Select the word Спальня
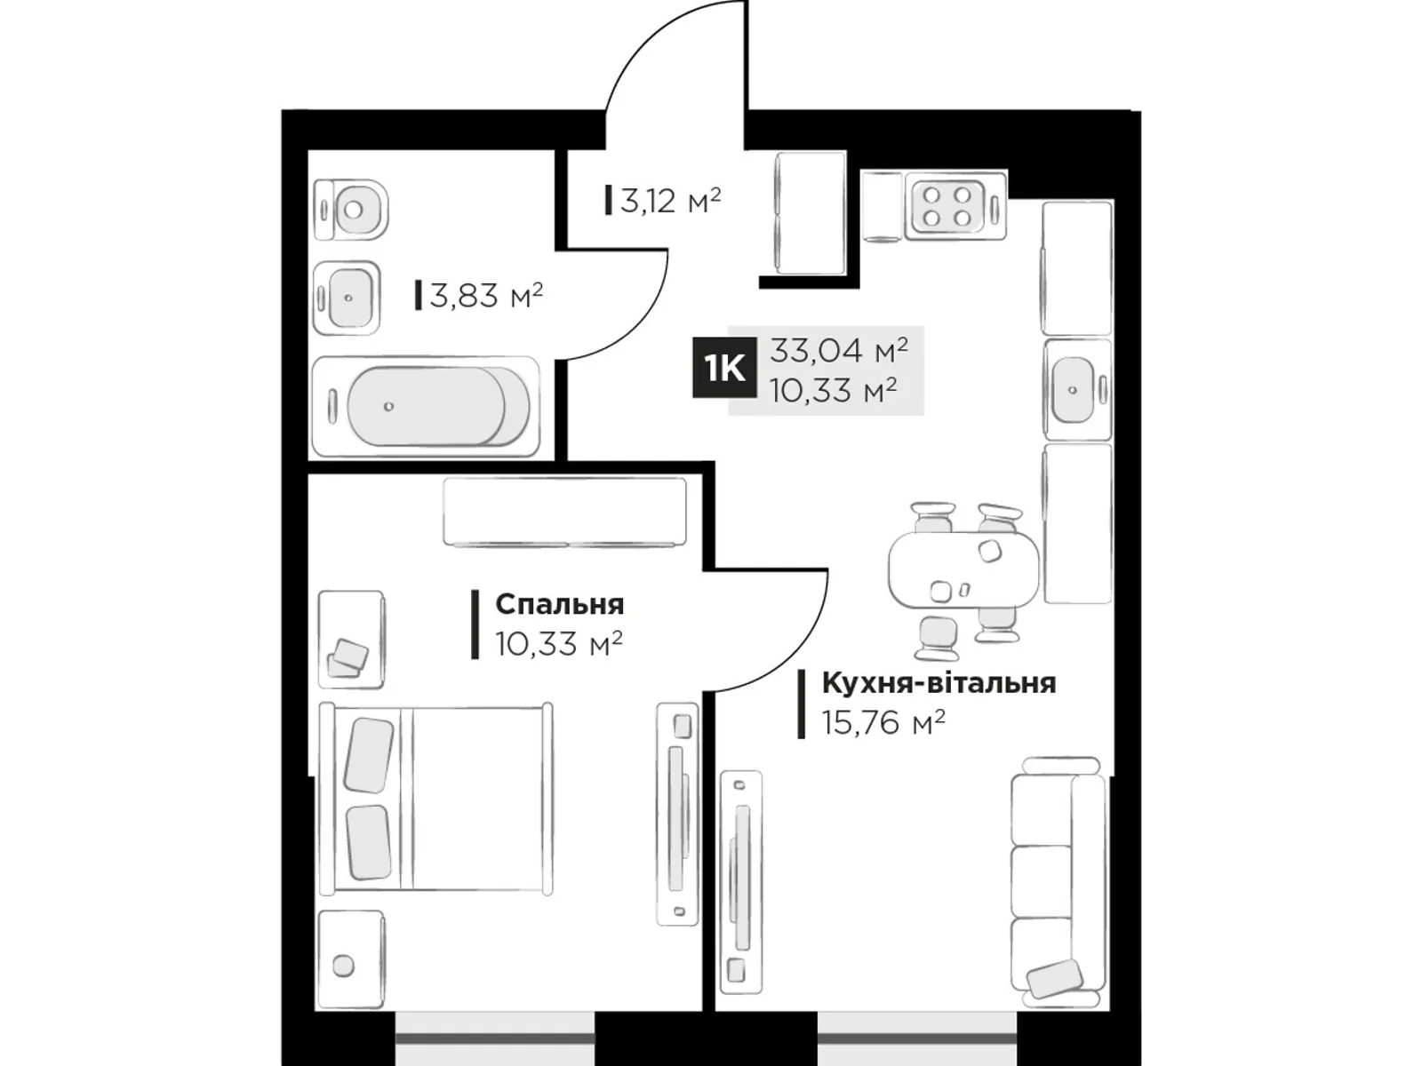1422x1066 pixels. click(x=559, y=604)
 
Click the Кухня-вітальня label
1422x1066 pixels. click(x=939, y=683)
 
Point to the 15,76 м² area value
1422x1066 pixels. click(x=883, y=722)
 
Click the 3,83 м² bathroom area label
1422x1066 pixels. click(x=485, y=295)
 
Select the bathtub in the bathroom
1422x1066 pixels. click(x=427, y=407)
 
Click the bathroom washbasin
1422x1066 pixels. click(x=348, y=298)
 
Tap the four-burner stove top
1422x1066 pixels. click(x=946, y=206)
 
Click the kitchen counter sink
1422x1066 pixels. click(x=1075, y=389)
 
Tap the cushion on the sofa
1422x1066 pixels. click(x=1054, y=979)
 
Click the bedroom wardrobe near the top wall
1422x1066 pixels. click(x=564, y=512)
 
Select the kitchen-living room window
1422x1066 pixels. click(x=916, y=1038)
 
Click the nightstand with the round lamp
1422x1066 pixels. click(x=351, y=959)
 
